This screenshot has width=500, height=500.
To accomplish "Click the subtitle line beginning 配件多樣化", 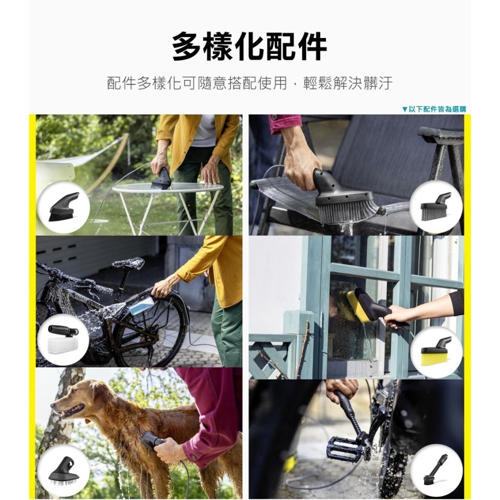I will coord(249,83).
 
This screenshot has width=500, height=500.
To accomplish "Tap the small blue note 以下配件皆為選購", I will coord(433,109).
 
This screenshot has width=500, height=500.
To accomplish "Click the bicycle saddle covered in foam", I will coord(128,263).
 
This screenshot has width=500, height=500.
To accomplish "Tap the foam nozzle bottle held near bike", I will coord(141,303).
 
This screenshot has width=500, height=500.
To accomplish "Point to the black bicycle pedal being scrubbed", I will coord(345,448).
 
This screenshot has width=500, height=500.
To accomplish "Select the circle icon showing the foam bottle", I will coord(63,339).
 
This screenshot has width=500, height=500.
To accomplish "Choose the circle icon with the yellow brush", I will coord(436,352).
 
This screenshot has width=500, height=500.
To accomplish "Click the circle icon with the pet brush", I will coord(63,470).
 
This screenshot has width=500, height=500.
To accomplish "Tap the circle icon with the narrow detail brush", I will coord(436,470).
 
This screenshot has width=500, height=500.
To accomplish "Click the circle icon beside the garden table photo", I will coord(63,207).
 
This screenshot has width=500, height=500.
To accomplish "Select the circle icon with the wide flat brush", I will coord(436,207).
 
